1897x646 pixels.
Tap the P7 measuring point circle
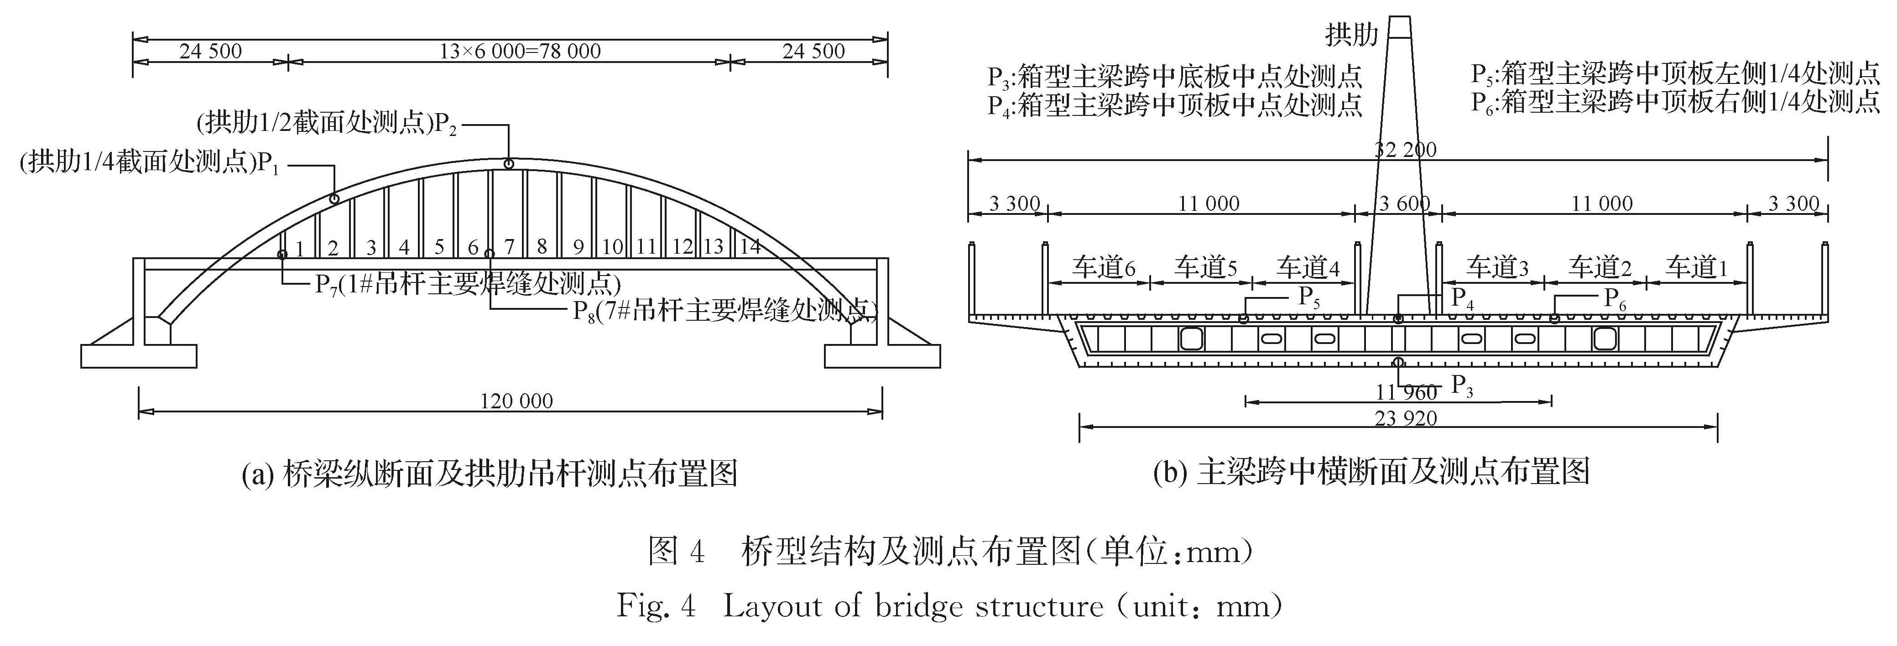(282, 254)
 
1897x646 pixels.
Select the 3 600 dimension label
(1404, 203)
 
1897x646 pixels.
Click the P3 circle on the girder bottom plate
(1398, 362)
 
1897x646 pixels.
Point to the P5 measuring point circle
(1244, 319)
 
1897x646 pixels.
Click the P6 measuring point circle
(1554, 319)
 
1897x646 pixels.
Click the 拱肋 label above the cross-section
(1351, 34)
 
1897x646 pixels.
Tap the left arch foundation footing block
(138, 356)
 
